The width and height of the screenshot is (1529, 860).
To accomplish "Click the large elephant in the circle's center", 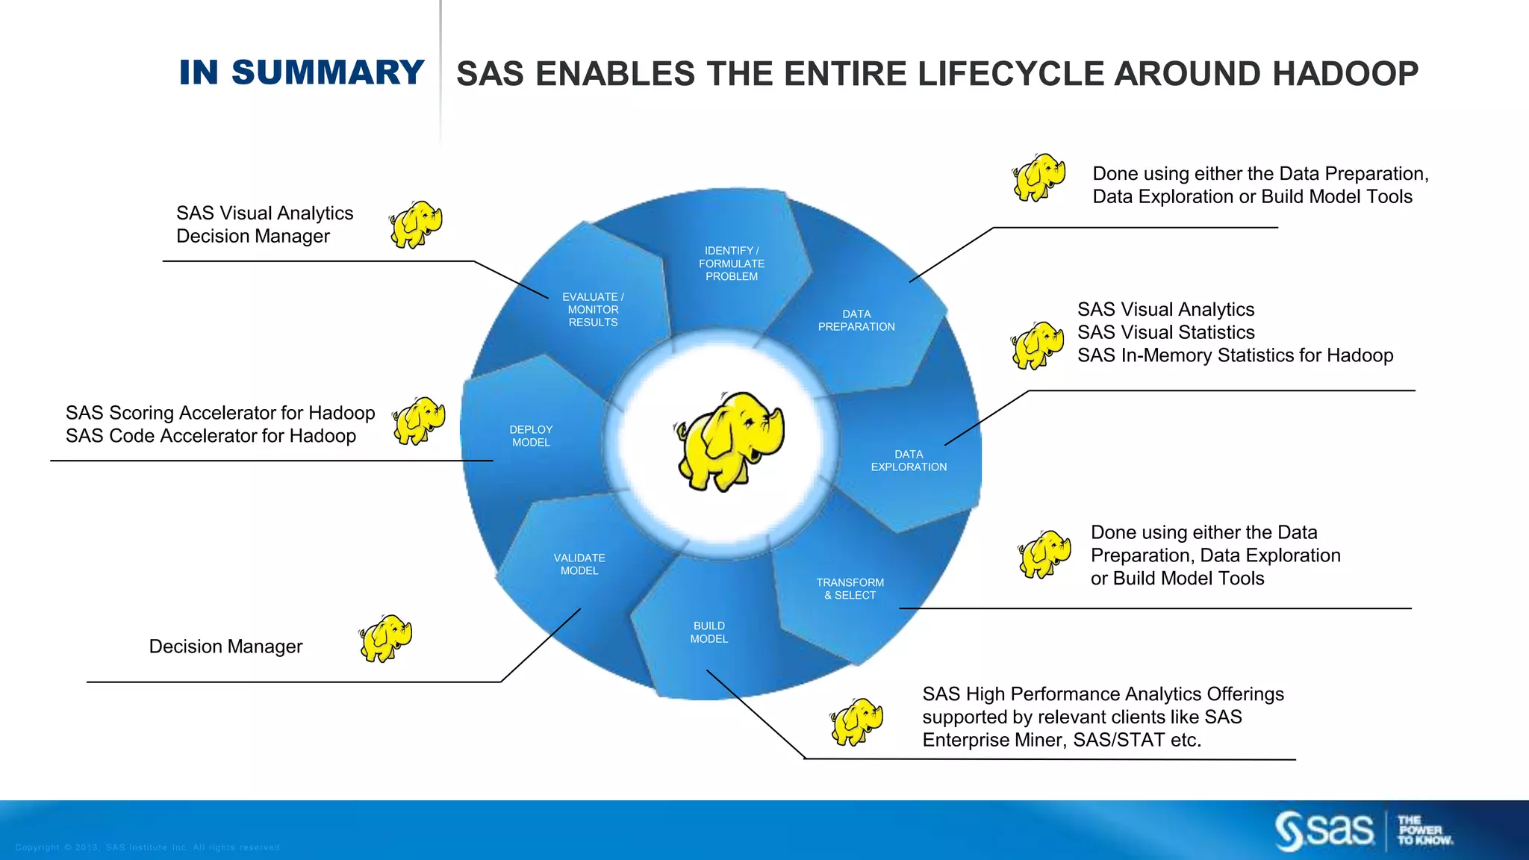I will (x=729, y=440).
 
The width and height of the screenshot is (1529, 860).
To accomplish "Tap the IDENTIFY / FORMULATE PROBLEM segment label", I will (x=732, y=264).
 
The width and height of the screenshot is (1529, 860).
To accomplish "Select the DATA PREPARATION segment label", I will (x=856, y=320).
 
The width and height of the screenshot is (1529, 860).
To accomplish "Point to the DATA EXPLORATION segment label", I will (x=909, y=461).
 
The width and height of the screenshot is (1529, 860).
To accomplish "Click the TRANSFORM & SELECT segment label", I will (x=850, y=589).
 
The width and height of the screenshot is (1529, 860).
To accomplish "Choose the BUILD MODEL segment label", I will (x=709, y=632).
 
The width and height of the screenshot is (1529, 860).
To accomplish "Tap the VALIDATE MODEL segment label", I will (x=579, y=564).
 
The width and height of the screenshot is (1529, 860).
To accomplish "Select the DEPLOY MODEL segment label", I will (x=531, y=436).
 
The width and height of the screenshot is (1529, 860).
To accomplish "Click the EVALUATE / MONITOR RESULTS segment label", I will (x=593, y=310).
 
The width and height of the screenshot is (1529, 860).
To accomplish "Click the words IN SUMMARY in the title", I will (x=302, y=72).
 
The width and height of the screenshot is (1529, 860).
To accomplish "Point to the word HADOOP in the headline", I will (x=1345, y=74).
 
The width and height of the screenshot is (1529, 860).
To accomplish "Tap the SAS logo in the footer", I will (x=1324, y=830).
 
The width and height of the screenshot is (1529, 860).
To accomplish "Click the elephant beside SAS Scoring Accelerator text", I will (x=419, y=421).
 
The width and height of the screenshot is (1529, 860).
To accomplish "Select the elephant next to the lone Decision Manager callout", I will (x=385, y=638).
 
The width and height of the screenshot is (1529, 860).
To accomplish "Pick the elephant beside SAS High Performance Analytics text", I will (x=856, y=721).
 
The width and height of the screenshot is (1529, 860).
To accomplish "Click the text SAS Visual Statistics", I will (x=1165, y=332).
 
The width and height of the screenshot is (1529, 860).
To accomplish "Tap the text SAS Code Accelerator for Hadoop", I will (x=211, y=436).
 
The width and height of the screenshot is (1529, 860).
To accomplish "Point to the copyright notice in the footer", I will (x=148, y=847).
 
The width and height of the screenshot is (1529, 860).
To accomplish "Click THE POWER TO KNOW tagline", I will (x=1424, y=830).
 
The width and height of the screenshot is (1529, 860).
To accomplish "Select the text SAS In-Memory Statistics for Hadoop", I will (x=1235, y=355).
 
